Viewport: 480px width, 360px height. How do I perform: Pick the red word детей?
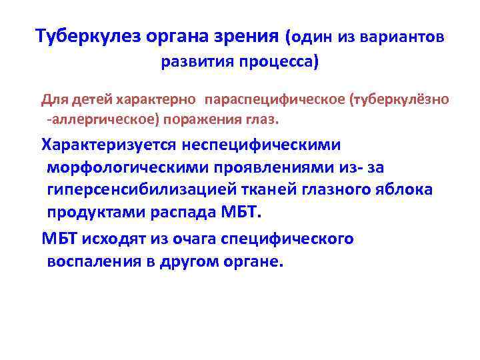tap(89, 100)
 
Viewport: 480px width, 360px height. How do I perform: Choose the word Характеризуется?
tap(112, 144)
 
